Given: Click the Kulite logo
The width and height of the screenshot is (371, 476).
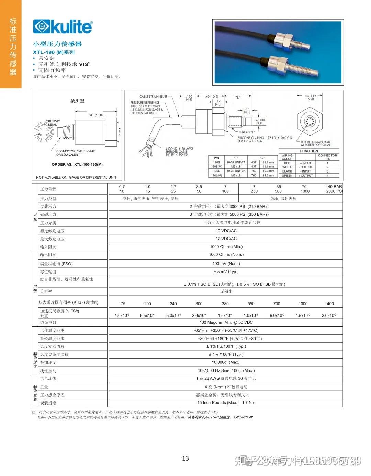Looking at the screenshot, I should [x=63, y=27].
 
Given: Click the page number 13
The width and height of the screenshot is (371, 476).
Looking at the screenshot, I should [x=185, y=458].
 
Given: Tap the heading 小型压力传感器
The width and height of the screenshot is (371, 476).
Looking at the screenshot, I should [x=57, y=44].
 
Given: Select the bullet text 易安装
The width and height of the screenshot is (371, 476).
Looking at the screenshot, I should [x=46, y=58].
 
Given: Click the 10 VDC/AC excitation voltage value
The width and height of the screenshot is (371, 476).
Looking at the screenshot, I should [x=226, y=231].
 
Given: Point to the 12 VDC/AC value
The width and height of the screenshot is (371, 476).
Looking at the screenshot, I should [x=226, y=239].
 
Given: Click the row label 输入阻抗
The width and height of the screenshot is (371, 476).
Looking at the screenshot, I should [x=48, y=247].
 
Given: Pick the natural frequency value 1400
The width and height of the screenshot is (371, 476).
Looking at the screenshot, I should [x=329, y=304].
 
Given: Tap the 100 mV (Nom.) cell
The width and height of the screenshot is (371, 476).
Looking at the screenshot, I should [x=226, y=264].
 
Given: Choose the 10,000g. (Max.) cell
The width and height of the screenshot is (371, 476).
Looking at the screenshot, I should [x=226, y=362].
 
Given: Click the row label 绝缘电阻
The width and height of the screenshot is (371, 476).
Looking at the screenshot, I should [x=48, y=323].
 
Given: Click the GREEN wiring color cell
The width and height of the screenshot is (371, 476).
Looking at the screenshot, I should [x=287, y=175].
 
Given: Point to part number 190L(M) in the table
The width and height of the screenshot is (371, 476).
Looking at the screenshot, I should [x=217, y=175].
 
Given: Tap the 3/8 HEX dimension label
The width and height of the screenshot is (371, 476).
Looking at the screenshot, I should [x=311, y=97].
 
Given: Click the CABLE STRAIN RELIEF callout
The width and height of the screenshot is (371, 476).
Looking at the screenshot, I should [x=153, y=97].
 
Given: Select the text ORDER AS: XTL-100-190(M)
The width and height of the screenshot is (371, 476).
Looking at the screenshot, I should [x=77, y=164].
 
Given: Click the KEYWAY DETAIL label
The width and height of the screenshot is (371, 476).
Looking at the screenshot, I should [x=54, y=123].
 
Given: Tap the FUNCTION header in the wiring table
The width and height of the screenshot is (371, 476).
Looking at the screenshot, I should [x=309, y=151].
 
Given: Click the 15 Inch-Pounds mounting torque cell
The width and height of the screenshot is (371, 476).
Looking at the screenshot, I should [x=226, y=403].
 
